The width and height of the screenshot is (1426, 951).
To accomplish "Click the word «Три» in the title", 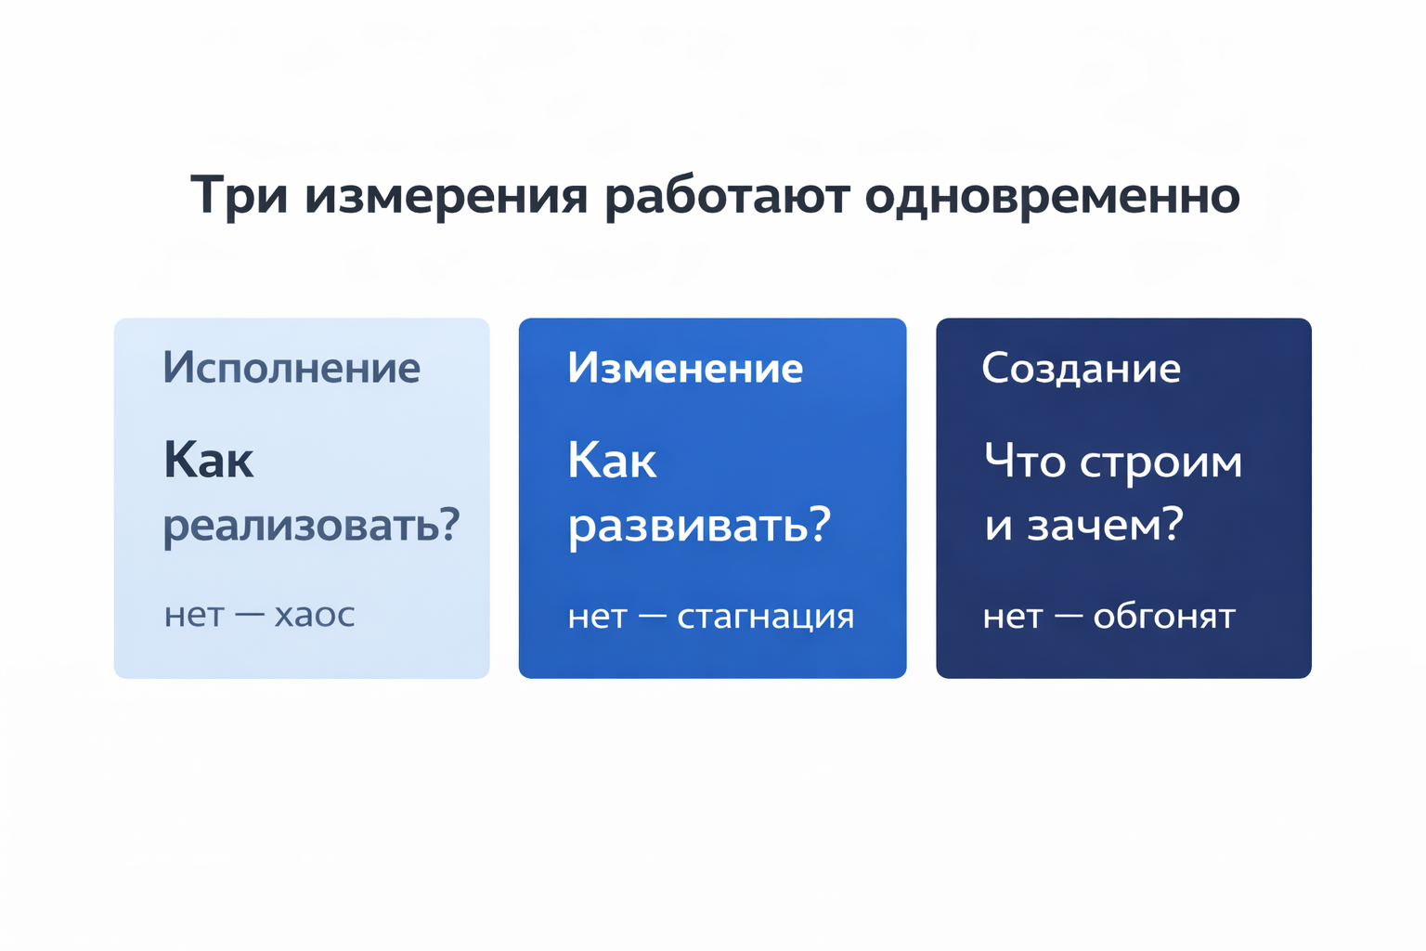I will point(239,196).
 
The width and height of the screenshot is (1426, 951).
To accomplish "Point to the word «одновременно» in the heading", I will point(1052,196).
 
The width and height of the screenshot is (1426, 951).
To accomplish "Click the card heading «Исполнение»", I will point(292,369).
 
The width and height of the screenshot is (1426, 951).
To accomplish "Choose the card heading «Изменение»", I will point(685,369).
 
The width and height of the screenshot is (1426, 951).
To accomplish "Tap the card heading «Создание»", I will point(1081,369).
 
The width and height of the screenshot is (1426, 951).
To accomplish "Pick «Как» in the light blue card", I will point(209,461).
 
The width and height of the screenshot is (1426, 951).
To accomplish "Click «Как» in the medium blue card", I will point(613,461).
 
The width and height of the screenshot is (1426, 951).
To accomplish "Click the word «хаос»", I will point(315,615).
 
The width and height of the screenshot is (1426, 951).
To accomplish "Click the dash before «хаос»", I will point(250,615).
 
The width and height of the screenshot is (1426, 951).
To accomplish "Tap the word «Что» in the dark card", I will point(1025,462).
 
